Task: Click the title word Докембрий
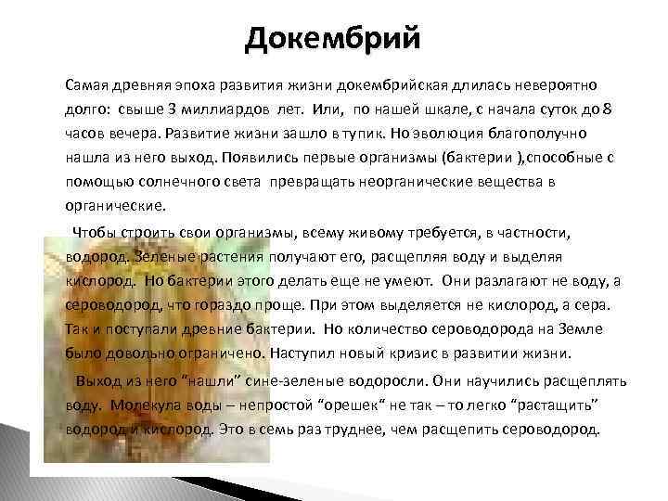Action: (333, 39)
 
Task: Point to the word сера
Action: (590, 303)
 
